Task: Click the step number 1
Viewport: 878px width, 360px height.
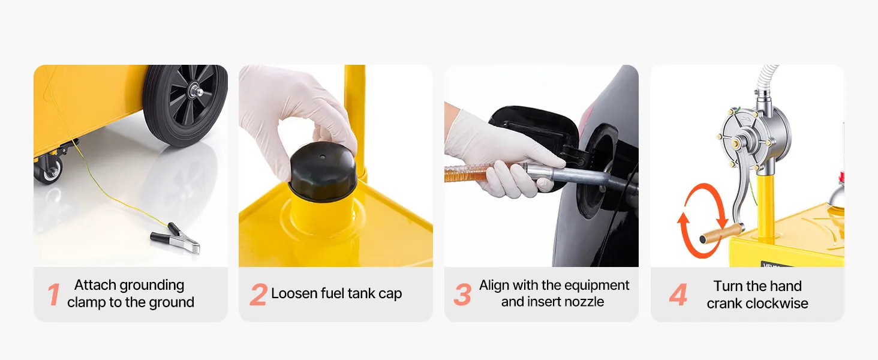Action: [x=54, y=295]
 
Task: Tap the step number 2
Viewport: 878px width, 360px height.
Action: [x=258, y=295]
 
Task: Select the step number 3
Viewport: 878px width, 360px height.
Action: [x=462, y=295]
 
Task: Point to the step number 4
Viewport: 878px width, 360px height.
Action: [x=678, y=295]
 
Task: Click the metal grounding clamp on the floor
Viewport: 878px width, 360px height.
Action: [x=176, y=238]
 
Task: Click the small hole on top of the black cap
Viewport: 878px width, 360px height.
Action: [x=322, y=157]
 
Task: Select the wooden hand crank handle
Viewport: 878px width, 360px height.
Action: [x=721, y=233]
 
